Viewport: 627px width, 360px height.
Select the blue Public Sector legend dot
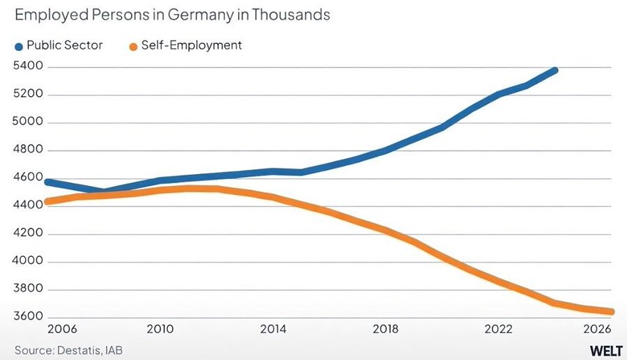(x=19, y=46)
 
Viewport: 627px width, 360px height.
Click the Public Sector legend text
(x=65, y=45)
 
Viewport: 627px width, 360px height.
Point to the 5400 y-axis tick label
(x=28, y=67)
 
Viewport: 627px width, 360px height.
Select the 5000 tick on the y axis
(x=28, y=123)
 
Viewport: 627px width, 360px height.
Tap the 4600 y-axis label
(x=28, y=178)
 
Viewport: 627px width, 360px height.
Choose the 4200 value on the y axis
(x=28, y=234)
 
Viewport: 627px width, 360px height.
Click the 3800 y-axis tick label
(x=28, y=290)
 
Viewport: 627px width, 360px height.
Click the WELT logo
(x=605, y=349)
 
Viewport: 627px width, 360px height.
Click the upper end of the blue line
(x=555, y=70)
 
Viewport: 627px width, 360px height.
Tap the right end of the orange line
(x=610, y=312)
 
